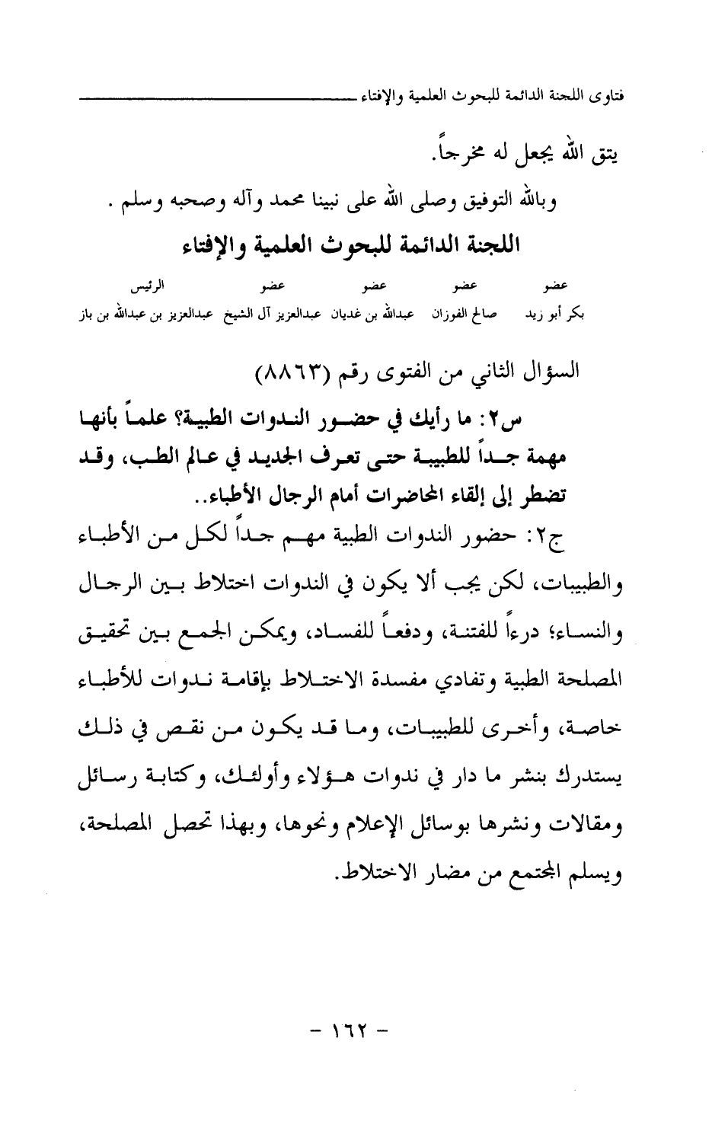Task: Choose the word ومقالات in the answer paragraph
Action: (593, 833)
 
